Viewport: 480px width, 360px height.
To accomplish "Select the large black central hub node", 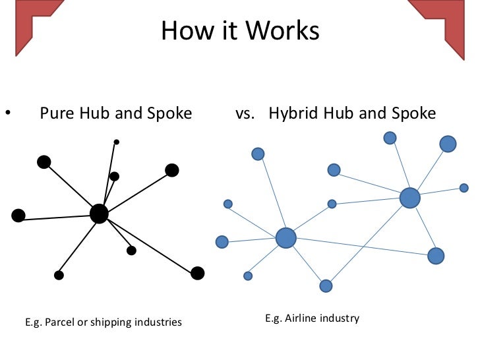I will [x=99, y=213].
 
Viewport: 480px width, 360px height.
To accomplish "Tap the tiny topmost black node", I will [x=117, y=142].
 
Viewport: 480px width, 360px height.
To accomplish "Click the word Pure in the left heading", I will [x=55, y=113].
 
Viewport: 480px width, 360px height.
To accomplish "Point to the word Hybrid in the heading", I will [x=293, y=113].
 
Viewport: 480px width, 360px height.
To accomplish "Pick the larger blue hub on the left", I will [x=285, y=237].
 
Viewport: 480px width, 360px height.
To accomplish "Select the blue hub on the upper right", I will [x=409, y=197].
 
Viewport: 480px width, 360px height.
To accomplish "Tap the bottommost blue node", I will [x=326, y=285].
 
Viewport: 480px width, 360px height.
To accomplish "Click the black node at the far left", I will [x=18, y=215].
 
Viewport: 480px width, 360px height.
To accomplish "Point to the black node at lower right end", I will [x=197, y=273].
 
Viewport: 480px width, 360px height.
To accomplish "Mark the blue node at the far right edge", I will [x=464, y=188].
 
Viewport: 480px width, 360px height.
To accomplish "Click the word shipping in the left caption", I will [x=111, y=322].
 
